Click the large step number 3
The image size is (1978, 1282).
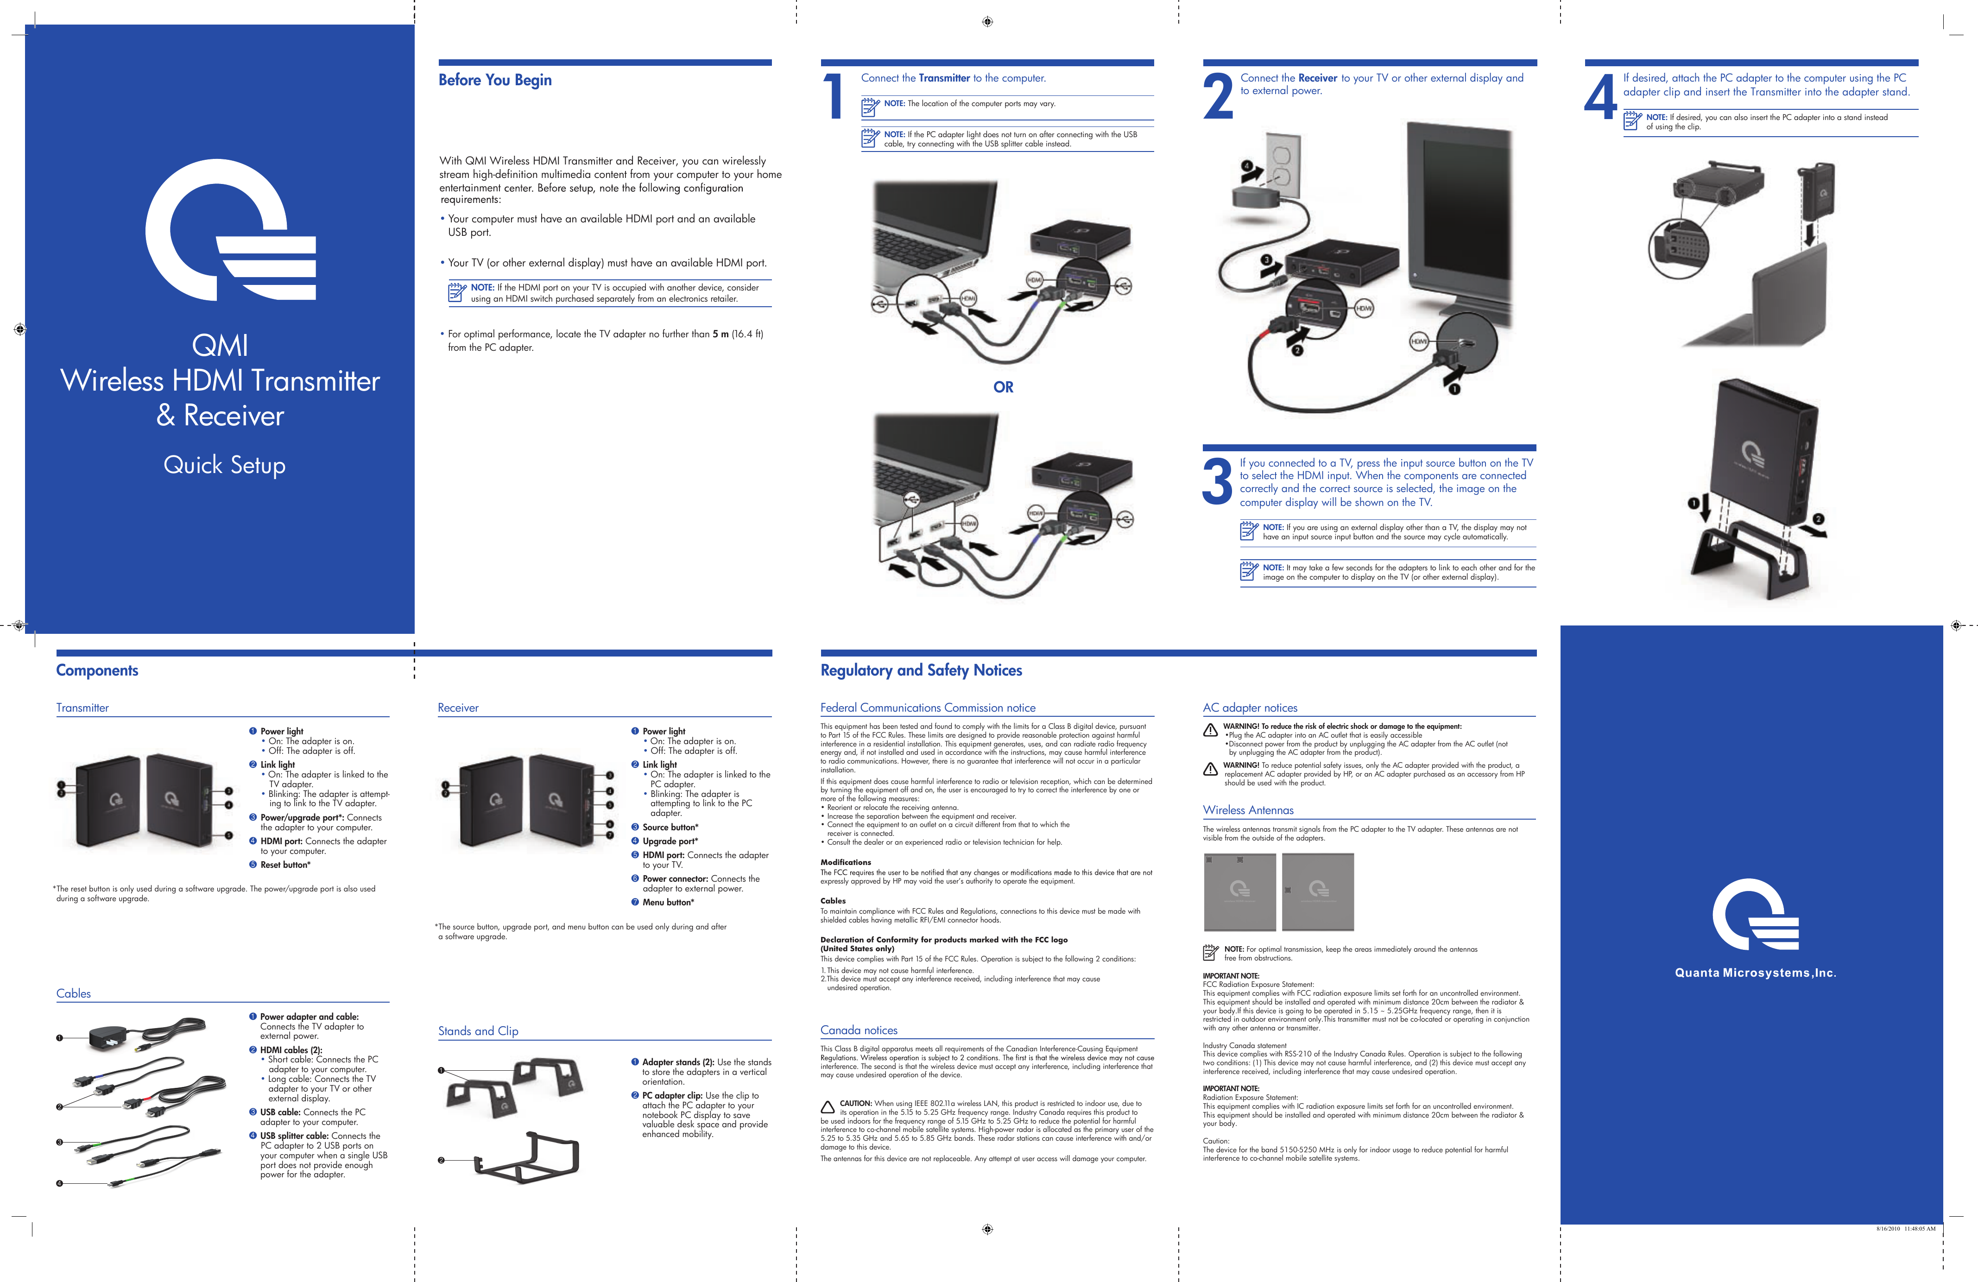point(1218,482)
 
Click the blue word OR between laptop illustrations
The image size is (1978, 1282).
point(1003,387)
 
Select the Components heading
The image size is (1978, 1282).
point(97,670)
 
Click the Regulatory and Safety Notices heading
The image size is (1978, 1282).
point(921,670)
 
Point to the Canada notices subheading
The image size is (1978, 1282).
point(859,1030)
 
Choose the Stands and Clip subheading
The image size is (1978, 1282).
point(478,1031)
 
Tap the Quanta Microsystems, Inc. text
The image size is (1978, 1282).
point(1755,973)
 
